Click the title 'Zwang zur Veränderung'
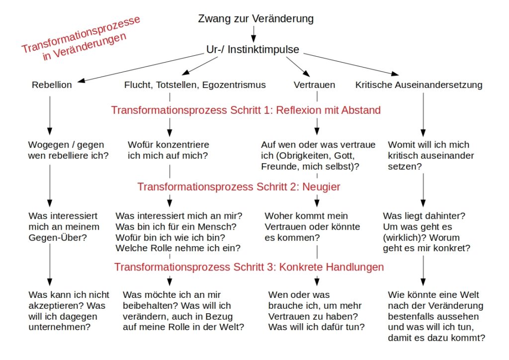pyautogui.click(x=256, y=19)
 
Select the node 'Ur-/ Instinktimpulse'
pyautogui.click(x=253, y=49)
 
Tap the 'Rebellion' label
pyautogui.click(x=52, y=85)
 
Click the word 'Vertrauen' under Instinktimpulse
pyautogui.click(x=314, y=85)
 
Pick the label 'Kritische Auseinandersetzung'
pyautogui.click(x=419, y=85)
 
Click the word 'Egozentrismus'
pyautogui.click(x=234, y=85)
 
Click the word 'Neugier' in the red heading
pyautogui.click(x=321, y=186)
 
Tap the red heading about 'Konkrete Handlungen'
pyautogui.click(x=249, y=267)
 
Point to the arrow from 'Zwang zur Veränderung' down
pyautogui.click(x=254, y=34)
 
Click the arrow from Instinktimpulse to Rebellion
pyautogui.click(x=141, y=68)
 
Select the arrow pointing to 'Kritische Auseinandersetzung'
pyautogui.click(x=351, y=64)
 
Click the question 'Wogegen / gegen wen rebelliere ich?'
pyautogui.click(x=68, y=150)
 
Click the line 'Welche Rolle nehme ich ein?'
pyautogui.click(x=178, y=248)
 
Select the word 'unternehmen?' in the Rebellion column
pyautogui.click(x=60, y=327)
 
